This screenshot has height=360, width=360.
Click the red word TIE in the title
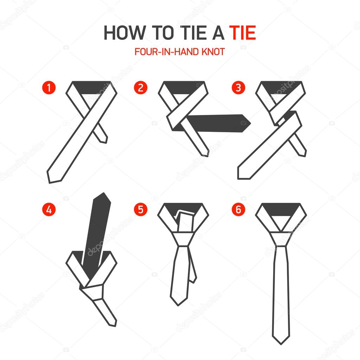point(243,33)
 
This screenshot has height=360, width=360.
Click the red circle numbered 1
point(49,88)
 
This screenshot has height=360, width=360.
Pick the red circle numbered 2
point(141,88)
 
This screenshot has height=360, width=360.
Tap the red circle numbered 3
point(238,88)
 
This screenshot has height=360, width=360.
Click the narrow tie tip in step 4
point(111,320)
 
